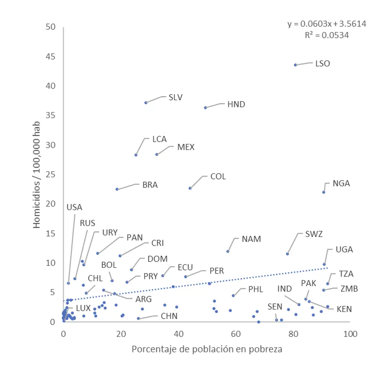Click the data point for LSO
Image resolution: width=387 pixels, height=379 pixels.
295,65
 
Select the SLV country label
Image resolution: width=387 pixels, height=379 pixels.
176,97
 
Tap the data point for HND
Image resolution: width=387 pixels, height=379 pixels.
206,108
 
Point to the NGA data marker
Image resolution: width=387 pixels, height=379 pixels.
324,192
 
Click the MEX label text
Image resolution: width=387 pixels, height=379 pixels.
186,147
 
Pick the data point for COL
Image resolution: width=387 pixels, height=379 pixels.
190,188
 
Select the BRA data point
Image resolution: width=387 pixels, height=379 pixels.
117,189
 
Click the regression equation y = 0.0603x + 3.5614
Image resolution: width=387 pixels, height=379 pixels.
327,24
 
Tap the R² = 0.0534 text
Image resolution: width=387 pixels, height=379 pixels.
327,35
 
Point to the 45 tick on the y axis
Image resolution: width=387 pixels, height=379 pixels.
50,56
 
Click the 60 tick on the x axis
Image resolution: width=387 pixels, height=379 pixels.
236,334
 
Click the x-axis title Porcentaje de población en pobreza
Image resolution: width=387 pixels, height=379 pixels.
207,349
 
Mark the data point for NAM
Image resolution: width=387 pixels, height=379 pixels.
228,251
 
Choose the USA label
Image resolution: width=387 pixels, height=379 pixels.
74,207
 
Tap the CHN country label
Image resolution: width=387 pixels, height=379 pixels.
169,316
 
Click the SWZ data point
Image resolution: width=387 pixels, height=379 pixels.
287,254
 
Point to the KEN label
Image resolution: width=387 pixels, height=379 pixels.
344,309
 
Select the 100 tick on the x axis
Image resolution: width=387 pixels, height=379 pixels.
350,334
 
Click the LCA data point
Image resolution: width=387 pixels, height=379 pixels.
136,155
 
